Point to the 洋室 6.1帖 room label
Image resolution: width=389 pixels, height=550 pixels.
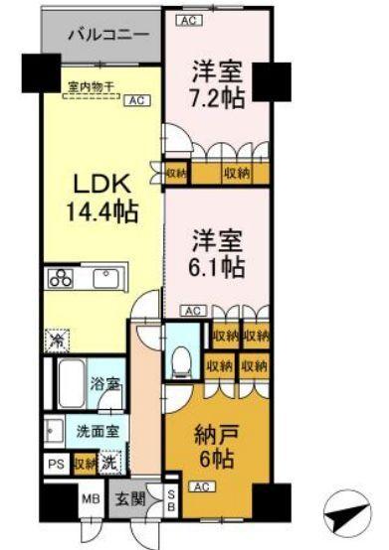[x=218, y=253]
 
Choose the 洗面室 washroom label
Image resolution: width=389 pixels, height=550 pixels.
[x=97, y=433]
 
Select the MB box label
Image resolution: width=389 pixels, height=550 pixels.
[x=89, y=500]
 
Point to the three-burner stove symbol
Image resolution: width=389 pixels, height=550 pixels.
[x=59, y=278]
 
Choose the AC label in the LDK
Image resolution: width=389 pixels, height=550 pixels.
[x=136, y=100]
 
